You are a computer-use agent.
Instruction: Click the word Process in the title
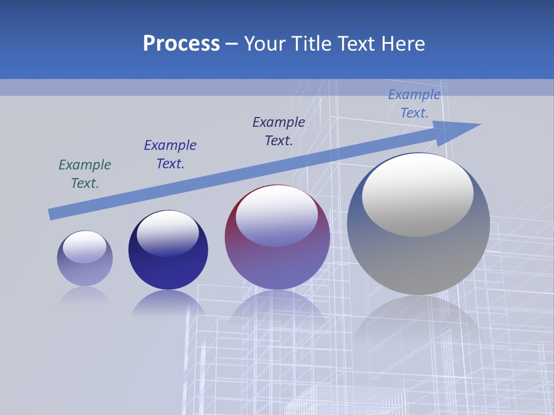coord(181,44)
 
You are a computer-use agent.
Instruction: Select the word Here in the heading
coord(403,44)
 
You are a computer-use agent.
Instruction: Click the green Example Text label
coord(85,173)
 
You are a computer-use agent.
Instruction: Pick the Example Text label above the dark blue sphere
coord(170,154)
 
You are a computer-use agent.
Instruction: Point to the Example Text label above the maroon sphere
coord(279,131)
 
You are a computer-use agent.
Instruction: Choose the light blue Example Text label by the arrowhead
coord(414,104)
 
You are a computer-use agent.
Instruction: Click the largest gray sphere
coord(418,254)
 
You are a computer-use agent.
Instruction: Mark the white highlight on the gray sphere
coord(418,193)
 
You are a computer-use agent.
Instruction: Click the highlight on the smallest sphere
coord(85,247)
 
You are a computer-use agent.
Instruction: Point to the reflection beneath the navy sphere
coord(168,303)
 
